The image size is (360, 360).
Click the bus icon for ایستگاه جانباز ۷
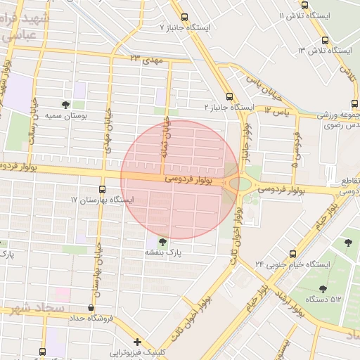point(184,17)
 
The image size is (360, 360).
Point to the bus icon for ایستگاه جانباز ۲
point(229,97)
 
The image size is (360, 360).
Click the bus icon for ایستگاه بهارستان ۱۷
point(103,189)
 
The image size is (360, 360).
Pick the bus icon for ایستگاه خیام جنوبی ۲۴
point(293,254)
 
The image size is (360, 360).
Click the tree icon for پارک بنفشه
point(163,241)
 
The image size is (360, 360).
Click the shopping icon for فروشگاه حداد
point(90,308)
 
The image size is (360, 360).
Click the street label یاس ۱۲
point(277,110)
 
